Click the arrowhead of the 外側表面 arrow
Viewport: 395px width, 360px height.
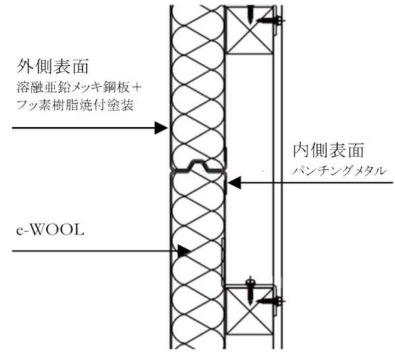pos(160,128)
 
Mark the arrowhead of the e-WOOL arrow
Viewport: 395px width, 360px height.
pos(184,251)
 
